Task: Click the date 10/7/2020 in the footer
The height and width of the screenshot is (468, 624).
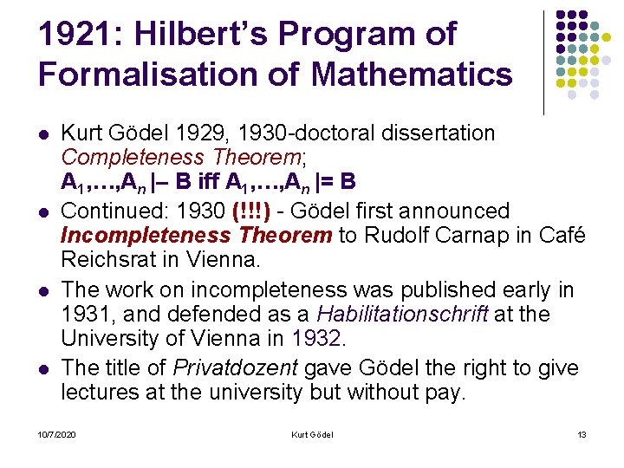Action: click(56, 433)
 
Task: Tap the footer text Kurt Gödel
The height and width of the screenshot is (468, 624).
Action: click(313, 433)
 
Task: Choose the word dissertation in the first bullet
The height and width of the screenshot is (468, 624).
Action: click(444, 133)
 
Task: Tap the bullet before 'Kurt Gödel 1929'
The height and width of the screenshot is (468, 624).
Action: click(43, 135)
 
